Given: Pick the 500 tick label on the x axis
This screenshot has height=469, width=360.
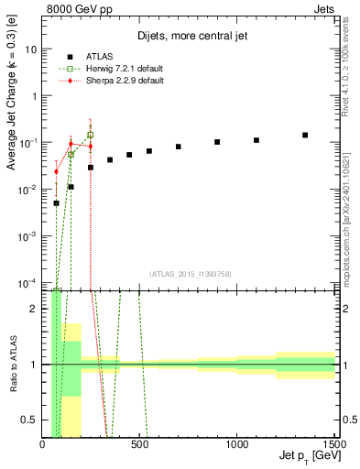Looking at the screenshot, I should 139,444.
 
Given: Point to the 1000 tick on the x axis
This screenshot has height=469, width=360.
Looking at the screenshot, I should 237,444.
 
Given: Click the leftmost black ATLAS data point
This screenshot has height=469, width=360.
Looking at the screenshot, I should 56,203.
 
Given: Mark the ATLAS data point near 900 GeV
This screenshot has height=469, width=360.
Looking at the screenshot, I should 217,142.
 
